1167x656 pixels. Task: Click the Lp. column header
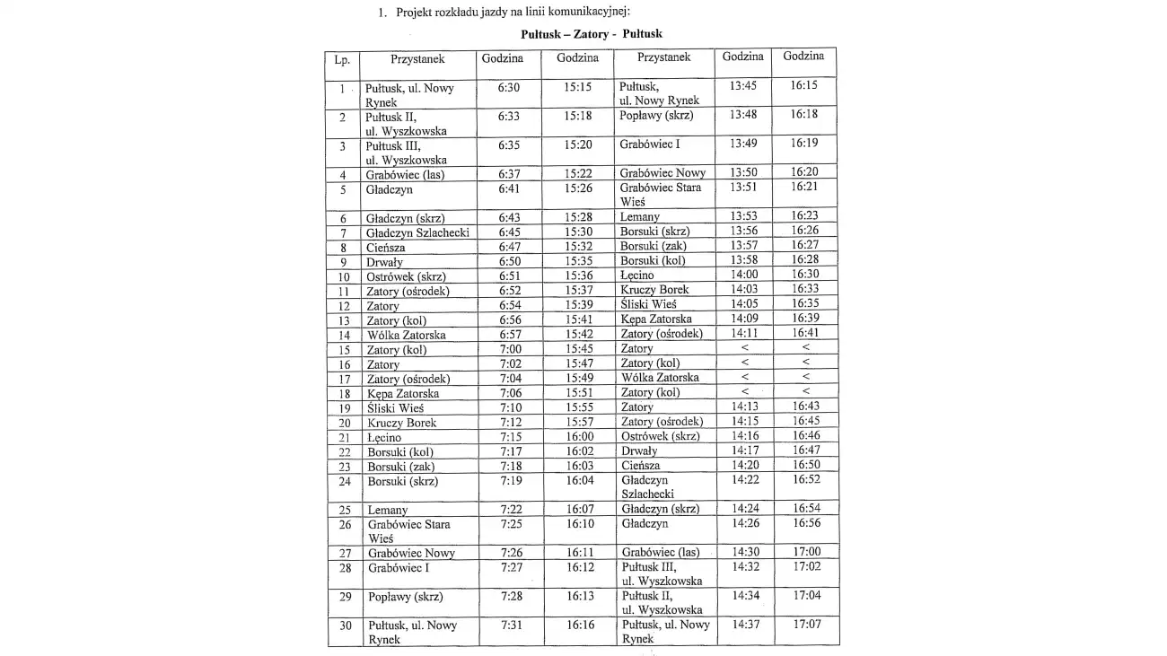click(342, 60)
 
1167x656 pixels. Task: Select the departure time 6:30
click(509, 88)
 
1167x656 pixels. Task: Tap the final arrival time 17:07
click(805, 624)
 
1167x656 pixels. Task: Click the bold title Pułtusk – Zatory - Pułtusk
click(592, 34)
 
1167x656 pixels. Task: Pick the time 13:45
click(743, 86)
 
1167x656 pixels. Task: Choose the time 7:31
click(511, 625)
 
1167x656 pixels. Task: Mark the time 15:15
click(577, 88)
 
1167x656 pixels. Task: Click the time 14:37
click(745, 624)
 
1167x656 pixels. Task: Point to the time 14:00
click(743, 275)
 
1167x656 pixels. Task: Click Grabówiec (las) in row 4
click(405, 175)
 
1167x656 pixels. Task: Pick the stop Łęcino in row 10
click(636, 276)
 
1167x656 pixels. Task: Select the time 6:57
click(510, 335)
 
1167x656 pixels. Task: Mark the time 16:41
click(804, 333)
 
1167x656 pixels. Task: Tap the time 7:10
click(511, 407)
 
